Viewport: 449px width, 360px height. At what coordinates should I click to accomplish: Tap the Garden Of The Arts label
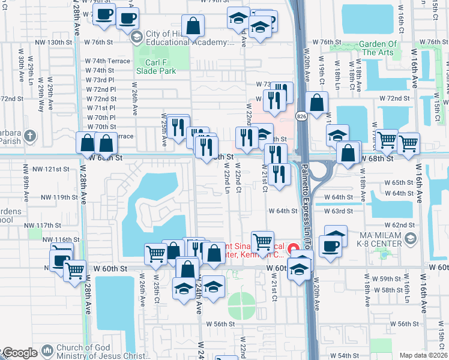point(378,48)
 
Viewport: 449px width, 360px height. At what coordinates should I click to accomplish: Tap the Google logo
point(19,353)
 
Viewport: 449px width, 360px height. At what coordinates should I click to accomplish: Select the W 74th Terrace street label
point(107,61)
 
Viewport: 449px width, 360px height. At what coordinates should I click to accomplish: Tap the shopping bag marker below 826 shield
point(316,103)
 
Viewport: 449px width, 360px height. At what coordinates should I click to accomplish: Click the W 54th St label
point(344,356)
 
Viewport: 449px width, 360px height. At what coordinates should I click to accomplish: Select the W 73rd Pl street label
point(100,80)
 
